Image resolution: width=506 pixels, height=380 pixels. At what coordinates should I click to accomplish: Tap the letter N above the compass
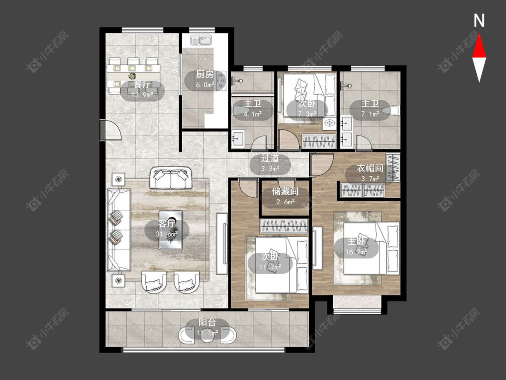[x=479, y=21]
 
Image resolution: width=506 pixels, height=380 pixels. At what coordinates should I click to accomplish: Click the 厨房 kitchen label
[x=205, y=75]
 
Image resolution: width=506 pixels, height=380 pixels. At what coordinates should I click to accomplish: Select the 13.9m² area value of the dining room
[x=142, y=95]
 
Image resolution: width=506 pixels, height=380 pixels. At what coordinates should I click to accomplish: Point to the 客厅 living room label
[x=167, y=224]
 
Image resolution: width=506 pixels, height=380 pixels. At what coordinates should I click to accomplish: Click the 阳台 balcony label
[x=207, y=322]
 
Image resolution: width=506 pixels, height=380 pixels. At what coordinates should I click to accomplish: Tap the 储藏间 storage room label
[x=285, y=192]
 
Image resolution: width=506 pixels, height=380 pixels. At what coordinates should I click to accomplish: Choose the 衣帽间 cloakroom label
[x=370, y=168]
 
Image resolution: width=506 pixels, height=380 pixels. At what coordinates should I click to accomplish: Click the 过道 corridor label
[x=270, y=158]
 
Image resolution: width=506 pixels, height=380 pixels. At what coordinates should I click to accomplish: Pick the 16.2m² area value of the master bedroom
[x=356, y=252]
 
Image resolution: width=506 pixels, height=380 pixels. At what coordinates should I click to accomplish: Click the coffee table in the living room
[x=171, y=230]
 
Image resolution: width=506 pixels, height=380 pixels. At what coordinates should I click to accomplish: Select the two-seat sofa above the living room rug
[x=170, y=178]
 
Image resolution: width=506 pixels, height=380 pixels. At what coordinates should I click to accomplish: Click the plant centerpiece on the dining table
[x=132, y=76]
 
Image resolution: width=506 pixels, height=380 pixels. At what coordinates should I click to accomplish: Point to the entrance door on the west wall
[x=110, y=130]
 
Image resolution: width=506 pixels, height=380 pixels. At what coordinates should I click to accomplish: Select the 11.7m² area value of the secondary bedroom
[x=270, y=267]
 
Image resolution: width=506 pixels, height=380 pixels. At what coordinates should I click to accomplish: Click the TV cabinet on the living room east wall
[x=222, y=243]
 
